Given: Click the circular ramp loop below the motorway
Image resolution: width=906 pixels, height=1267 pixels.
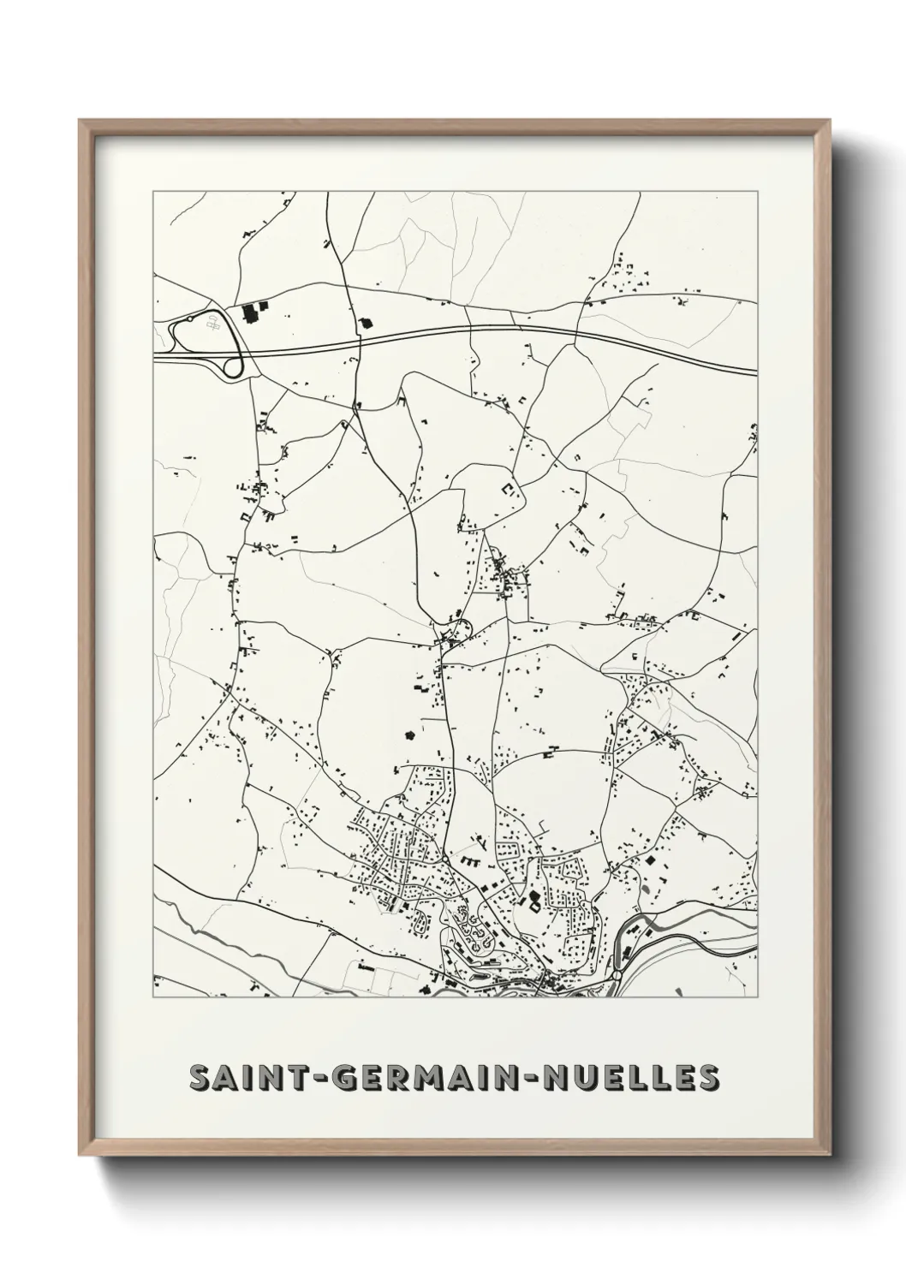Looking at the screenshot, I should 232,368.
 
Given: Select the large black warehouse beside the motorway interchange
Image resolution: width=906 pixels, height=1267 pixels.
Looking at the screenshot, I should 253,312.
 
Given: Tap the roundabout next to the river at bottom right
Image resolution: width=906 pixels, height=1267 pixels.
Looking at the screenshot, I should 617,975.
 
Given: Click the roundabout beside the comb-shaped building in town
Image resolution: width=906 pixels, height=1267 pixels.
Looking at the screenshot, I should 445,858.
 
